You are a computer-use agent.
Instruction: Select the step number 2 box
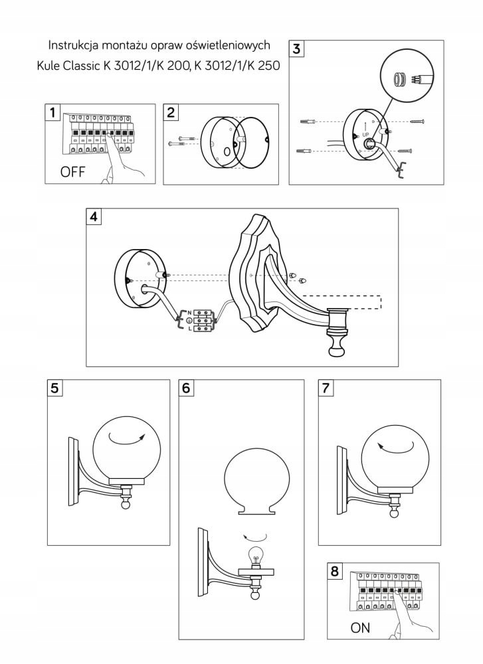pyautogui.click(x=171, y=112)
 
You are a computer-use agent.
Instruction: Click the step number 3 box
pyautogui.click(x=296, y=48)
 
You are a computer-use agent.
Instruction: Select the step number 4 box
pyautogui.click(x=95, y=216)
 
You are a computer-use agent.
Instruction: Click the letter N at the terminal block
pyautogui.click(x=190, y=312)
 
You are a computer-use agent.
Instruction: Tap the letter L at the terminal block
pyautogui.click(x=190, y=327)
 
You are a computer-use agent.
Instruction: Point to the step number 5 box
pyautogui.click(x=56, y=388)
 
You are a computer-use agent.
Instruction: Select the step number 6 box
pyautogui.click(x=188, y=388)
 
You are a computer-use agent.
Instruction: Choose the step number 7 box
pyautogui.click(x=326, y=388)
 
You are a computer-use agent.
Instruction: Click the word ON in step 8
pyautogui.click(x=360, y=627)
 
